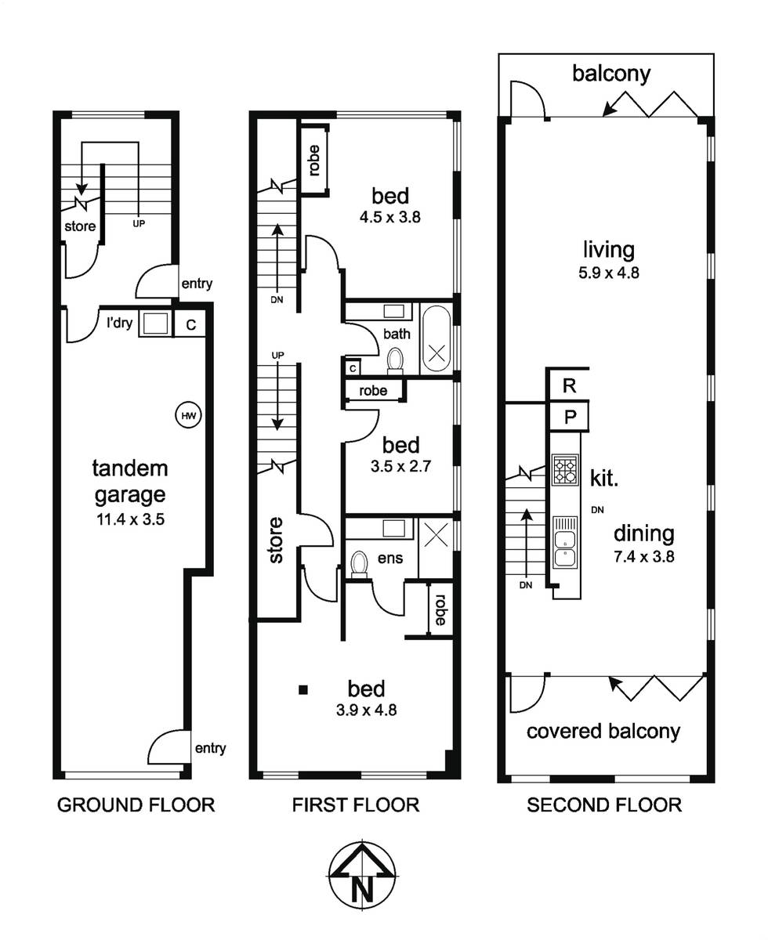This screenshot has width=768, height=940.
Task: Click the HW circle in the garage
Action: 188,415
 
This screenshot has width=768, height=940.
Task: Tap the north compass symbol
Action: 363,877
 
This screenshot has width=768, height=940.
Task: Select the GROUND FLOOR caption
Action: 136,805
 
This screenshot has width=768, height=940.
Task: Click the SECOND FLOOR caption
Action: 604,805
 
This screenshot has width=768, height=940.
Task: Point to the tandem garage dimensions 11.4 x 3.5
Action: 131,519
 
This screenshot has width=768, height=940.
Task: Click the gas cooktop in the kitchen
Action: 565,470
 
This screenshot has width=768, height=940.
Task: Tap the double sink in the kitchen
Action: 565,542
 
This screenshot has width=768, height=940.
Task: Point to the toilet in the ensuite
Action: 359,564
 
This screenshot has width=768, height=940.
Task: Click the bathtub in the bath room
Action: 437,338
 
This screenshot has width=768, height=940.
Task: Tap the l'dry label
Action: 120,322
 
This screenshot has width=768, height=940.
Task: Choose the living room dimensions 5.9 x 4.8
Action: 609,273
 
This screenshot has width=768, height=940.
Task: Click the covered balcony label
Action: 603,731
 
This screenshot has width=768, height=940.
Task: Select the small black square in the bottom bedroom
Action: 303,690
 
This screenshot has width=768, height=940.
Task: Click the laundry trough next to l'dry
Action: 155,324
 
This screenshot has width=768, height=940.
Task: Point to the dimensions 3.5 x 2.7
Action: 401,466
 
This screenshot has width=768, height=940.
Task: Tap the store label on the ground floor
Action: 80,226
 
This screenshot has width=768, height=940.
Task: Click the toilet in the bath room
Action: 395,360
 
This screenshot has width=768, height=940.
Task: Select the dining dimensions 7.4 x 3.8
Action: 644,557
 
